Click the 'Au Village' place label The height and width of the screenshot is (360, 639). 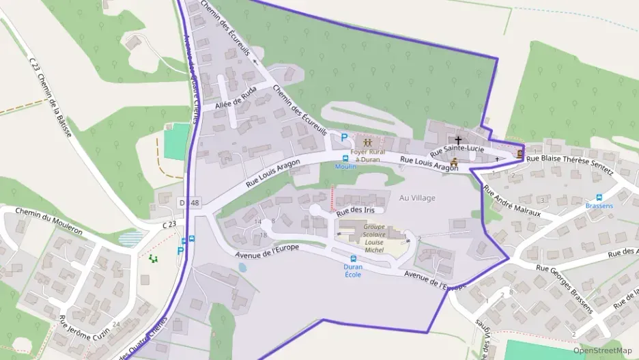[417, 197]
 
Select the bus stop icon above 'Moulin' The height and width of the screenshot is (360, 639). [345, 158]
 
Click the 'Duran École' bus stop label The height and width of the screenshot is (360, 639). [353, 271]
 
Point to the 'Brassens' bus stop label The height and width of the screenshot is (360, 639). [599, 206]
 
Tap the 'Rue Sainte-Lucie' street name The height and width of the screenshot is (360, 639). [457, 149]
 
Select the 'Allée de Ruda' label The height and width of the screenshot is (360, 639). [235, 101]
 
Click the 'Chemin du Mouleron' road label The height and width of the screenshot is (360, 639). [48, 221]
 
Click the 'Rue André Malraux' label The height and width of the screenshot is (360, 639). [512, 202]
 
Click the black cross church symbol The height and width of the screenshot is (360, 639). [458, 139]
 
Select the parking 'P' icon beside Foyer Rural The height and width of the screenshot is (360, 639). [335, 137]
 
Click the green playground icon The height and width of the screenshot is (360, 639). [153, 258]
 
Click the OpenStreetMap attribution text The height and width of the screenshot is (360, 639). [602, 350]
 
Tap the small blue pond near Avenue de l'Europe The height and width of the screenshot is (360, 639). [242, 268]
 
